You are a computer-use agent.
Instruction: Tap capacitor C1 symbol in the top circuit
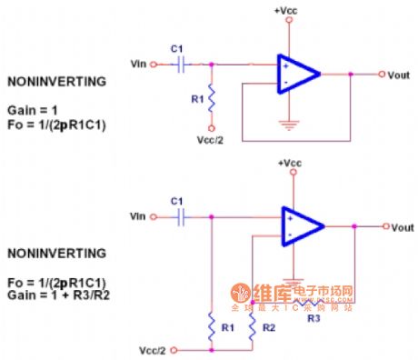point(183,65)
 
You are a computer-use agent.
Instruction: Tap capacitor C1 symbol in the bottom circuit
point(183,217)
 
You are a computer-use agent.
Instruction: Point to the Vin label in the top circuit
point(138,65)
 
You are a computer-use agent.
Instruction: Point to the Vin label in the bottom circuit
point(138,217)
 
